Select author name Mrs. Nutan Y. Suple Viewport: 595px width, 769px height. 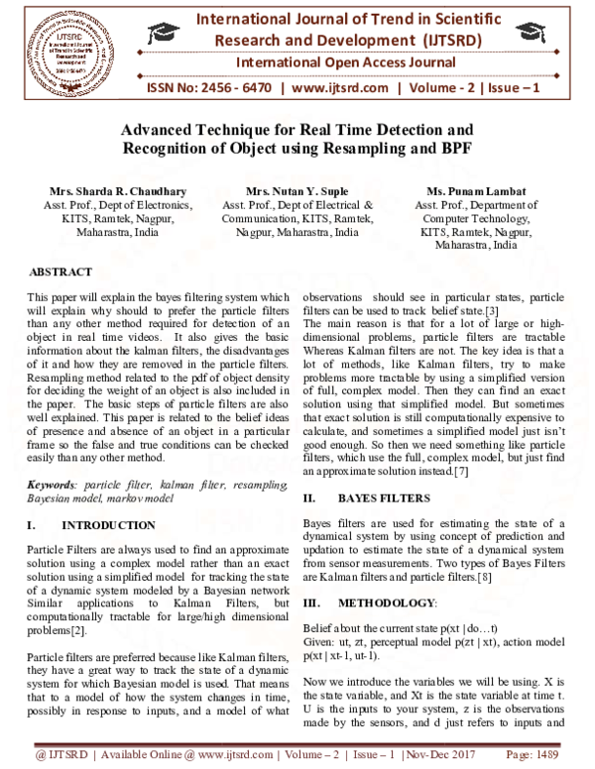click(297, 191)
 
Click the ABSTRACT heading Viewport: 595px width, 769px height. click(61, 272)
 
